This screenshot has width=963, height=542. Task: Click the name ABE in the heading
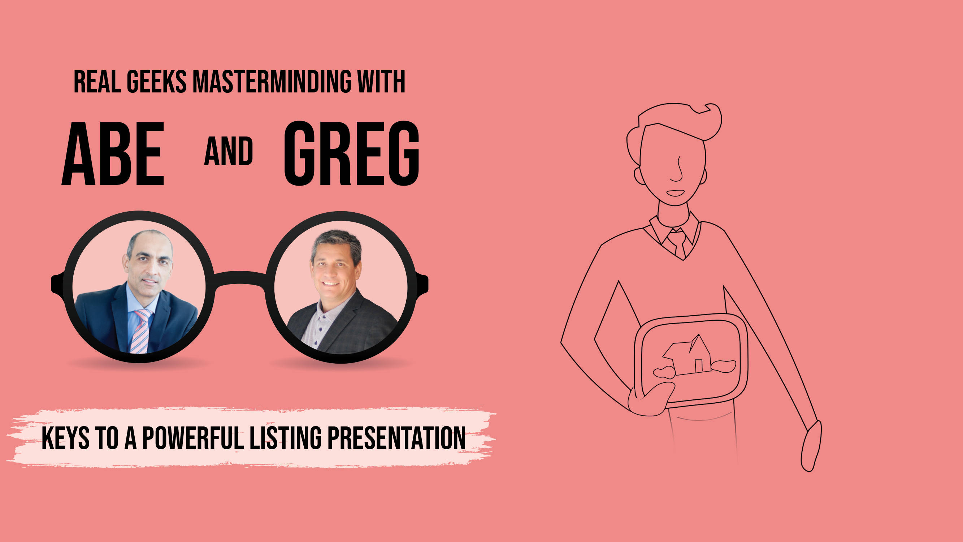[113, 153]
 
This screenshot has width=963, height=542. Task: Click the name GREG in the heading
[352, 153]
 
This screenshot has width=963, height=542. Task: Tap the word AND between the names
[229, 151]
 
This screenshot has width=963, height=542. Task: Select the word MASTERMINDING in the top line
[272, 82]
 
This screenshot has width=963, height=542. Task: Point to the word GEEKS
[157, 82]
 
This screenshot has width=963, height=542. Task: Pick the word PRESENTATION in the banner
[396, 438]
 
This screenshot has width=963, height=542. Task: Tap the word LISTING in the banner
[286, 438]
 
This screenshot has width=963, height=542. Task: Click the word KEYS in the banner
[65, 438]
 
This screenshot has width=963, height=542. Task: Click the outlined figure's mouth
[676, 193]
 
